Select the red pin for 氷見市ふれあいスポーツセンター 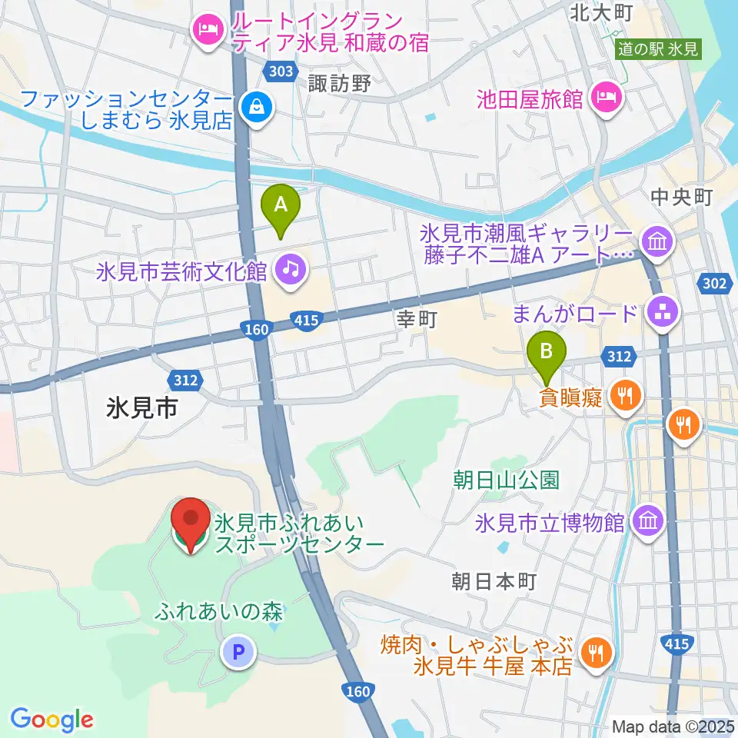click(189, 523)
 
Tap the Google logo click(52, 720)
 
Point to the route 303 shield click(281, 71)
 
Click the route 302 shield click(713, 284)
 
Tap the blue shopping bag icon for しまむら click(253, 108)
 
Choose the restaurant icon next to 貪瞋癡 click(622, 396)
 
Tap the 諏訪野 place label click(340, 84)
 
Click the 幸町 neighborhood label click(416, 320)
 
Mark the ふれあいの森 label click(219, 612)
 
